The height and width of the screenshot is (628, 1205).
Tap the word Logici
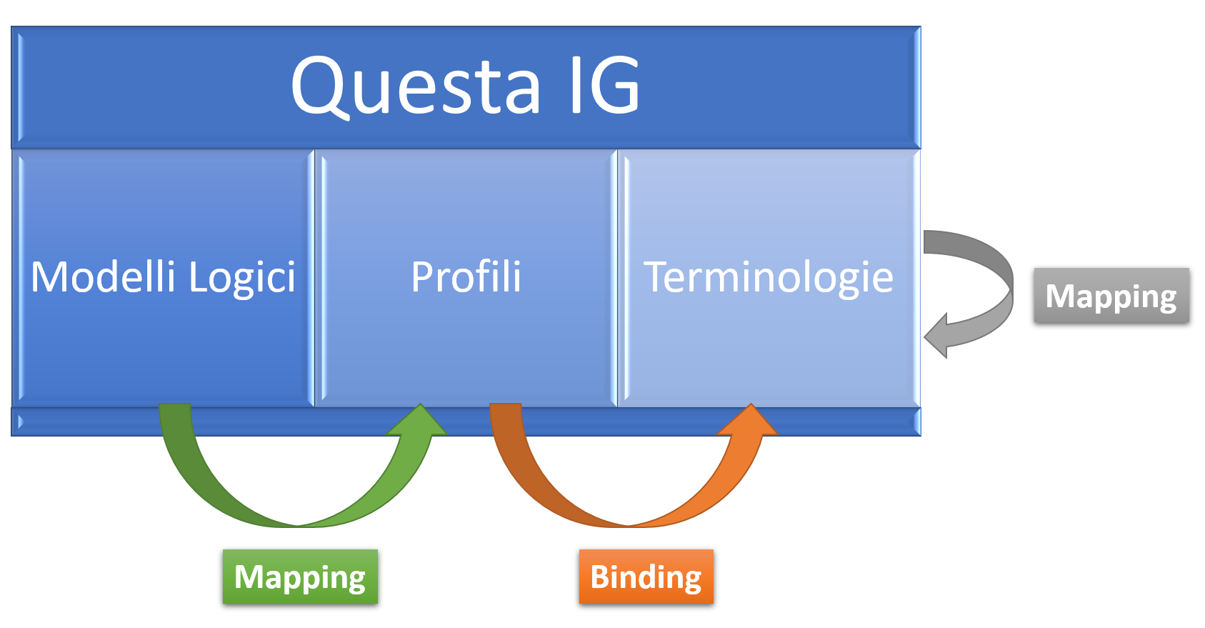pyautogui.click(x=242, y=278)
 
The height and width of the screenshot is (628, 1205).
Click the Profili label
pyautogui.click(x=466, y=276)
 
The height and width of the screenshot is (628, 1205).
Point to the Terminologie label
pyautogui.click(x=769, y=276)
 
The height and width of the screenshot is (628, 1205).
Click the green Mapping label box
pyautogui.click(x=300, y=577)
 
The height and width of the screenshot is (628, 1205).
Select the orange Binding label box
pyautogui.click(x=646, y=577)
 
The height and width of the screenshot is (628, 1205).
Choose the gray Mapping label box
pyautogui.click(x=1111, y=295)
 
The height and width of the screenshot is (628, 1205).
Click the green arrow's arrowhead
pyautogui.click(x=419, y=422)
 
